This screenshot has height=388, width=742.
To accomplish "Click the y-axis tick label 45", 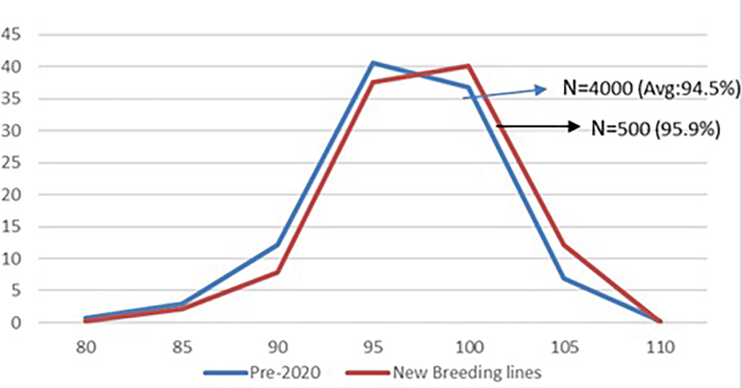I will pos(13,35).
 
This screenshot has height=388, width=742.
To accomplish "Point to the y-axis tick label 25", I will pos(13,163).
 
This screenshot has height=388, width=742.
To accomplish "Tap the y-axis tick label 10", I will pos(13,259).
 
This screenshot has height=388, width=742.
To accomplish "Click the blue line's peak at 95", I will pos(373,62).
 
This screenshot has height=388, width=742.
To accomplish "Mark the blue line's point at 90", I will pos(278,245).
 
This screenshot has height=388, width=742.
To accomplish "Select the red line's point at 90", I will pos(278,272).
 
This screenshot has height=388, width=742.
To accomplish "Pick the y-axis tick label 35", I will pos(13,99).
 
